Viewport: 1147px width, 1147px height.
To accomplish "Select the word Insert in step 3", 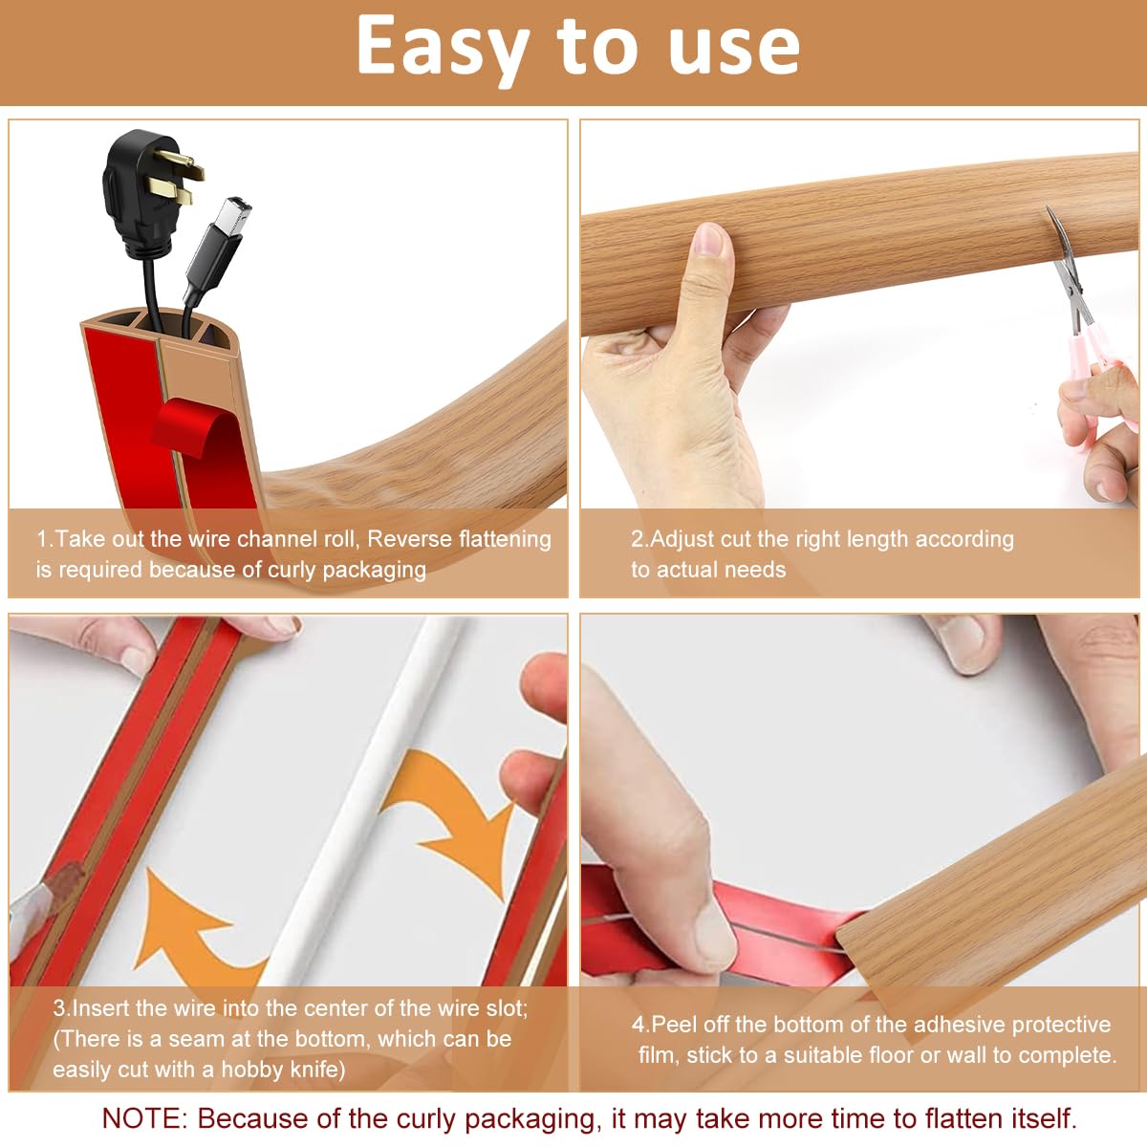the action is click(x=100, y=1007).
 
